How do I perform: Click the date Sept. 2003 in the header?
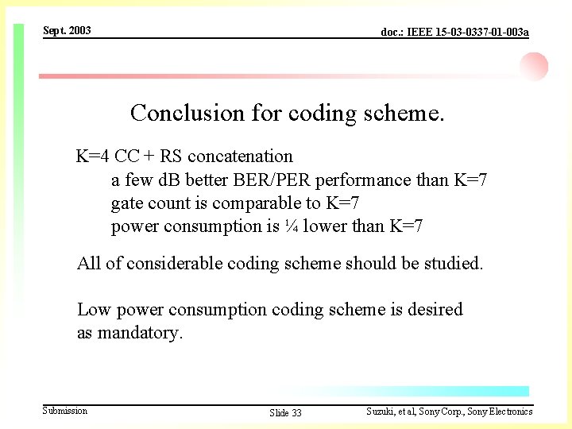67,30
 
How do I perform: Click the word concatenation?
240,156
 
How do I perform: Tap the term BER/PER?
263,180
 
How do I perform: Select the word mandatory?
140,333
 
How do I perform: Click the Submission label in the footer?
65,411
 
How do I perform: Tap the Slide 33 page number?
285,412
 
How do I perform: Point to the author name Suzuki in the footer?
381,412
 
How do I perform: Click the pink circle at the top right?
535,66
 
